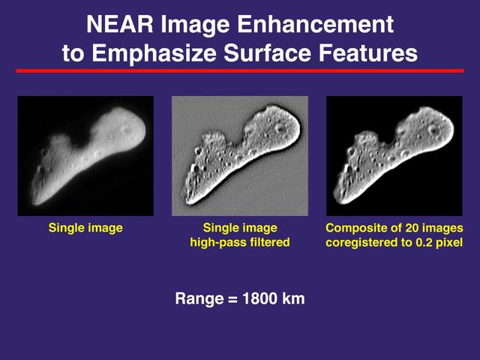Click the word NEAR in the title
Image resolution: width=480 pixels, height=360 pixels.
[x=118, y=25]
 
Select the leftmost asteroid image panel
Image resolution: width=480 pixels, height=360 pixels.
[x=85, y=156]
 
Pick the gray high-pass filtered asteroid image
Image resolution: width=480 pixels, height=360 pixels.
[x=240, y=156]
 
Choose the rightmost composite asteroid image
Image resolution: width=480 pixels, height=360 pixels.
[x=394, y=156]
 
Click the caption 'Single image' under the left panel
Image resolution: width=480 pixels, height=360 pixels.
[x=85, y=228]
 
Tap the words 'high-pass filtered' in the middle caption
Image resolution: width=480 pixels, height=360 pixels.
[x=240, y=243]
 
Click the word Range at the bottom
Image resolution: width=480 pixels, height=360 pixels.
[x=199, y=298]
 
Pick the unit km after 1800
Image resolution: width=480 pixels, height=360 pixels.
[x=293, y=298]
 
